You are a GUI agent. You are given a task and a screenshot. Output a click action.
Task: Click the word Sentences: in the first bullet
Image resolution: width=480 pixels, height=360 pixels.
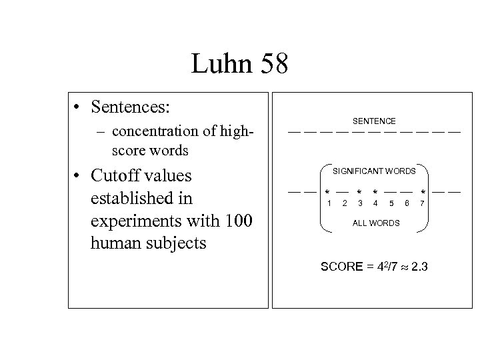132,107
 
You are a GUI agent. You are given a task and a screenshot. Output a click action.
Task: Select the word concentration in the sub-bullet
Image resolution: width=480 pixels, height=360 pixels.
154,131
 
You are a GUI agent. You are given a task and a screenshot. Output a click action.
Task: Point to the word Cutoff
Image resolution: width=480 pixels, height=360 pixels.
121,177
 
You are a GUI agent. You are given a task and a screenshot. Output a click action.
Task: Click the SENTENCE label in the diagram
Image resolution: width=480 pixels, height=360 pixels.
374,121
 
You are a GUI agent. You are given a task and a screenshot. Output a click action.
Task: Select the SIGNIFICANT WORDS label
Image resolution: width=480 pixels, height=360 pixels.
374,171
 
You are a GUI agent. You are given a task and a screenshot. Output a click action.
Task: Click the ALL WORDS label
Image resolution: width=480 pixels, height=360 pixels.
376,223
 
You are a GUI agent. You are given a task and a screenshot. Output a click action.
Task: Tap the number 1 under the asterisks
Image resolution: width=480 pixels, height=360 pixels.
328,203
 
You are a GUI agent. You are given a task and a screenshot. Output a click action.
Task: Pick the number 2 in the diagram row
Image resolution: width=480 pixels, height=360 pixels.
344,203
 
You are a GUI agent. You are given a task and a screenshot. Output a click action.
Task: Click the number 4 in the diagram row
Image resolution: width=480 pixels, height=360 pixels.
375,203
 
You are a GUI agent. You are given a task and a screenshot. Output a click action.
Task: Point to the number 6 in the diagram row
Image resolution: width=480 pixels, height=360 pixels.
407,203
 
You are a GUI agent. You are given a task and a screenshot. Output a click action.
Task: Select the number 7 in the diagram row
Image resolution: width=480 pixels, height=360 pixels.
422,203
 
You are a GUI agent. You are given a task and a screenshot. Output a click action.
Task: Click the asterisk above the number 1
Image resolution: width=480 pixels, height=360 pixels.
327,193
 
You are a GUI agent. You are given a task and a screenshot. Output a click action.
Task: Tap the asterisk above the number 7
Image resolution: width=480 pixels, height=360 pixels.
423,193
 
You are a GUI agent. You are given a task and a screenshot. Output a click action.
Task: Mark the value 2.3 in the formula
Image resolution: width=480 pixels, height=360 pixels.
420,267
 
